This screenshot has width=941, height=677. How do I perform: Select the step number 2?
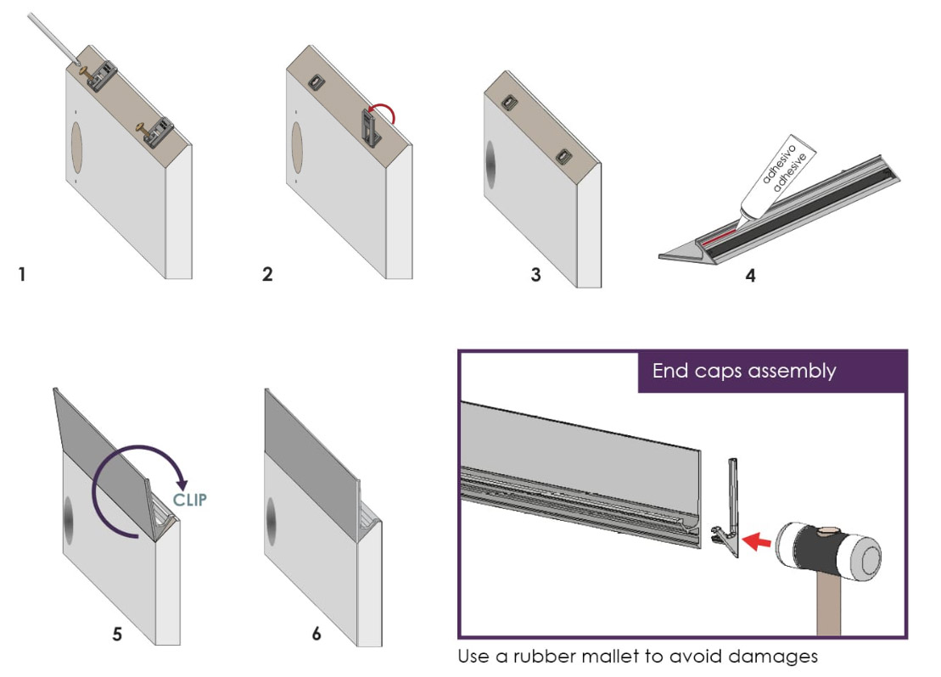(x=268, y=275)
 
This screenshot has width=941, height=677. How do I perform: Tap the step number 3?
(x=535, y=275)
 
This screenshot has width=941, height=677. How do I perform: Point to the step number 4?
(x=750, y=275)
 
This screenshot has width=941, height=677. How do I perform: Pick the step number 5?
(x=118, y=633)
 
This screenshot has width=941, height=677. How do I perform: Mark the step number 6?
(x=316, y=633)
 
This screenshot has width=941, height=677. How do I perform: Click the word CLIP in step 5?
(x=189, y=500)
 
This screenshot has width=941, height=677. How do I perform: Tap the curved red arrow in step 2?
(x=387, y=112)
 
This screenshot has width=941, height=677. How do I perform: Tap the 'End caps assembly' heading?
(x=744, y=371)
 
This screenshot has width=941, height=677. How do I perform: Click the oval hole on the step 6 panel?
(x=271, y=522)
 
